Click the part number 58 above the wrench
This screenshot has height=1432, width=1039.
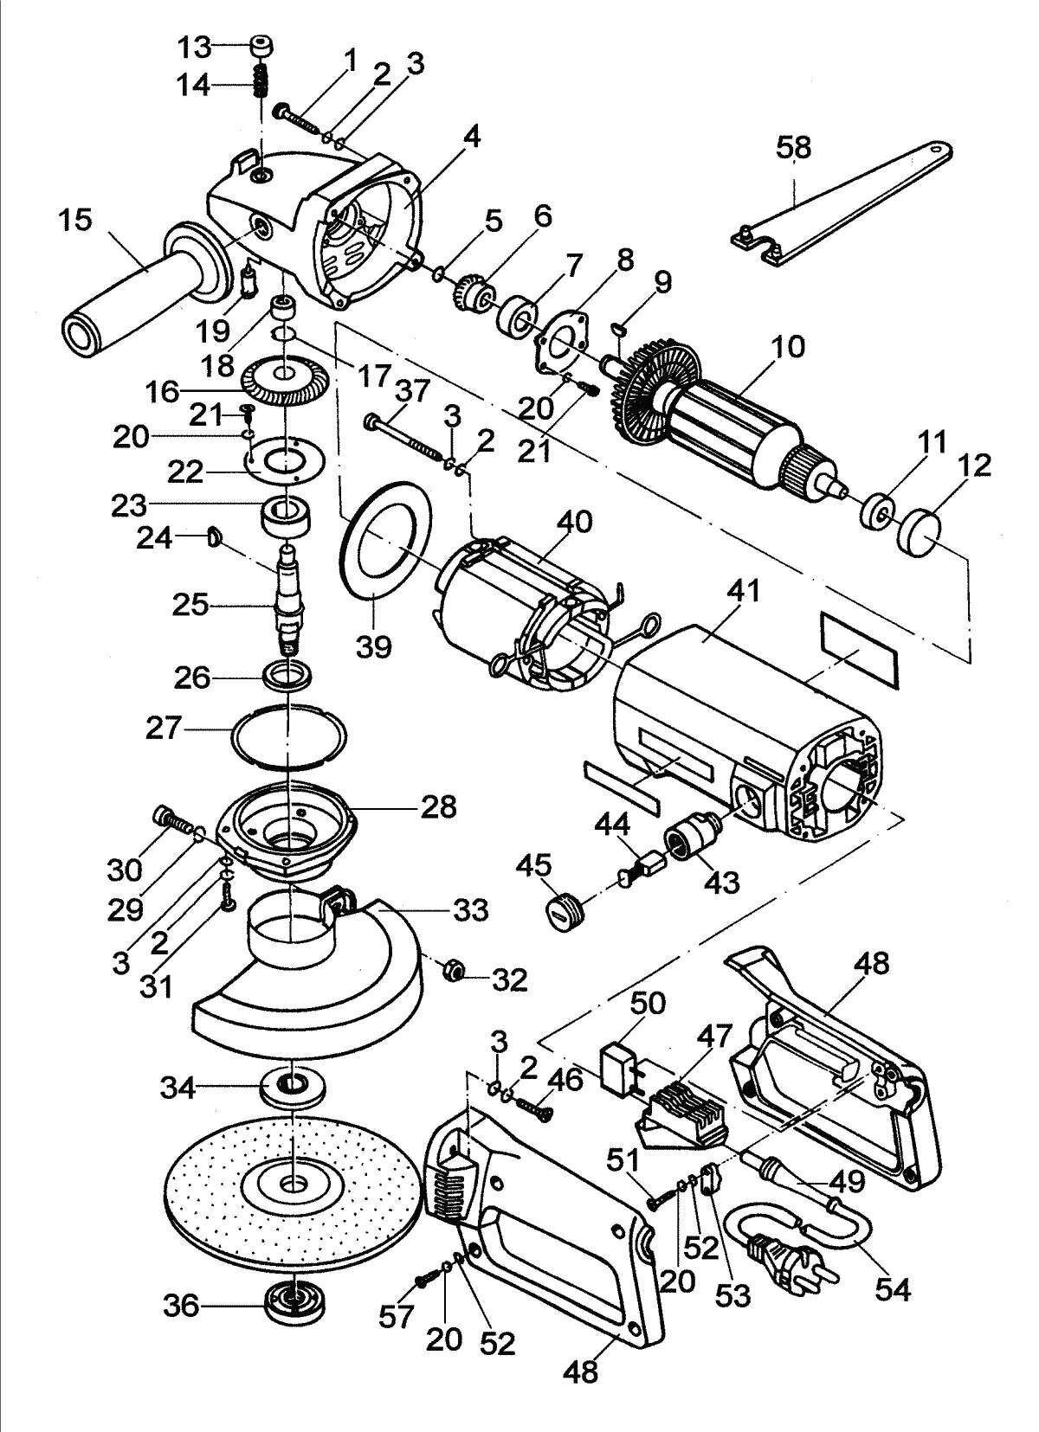793,147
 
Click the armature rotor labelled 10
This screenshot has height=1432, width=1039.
727,415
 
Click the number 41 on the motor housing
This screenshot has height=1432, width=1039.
744,592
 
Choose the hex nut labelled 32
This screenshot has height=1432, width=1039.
451,971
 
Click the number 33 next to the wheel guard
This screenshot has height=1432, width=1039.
470,910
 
